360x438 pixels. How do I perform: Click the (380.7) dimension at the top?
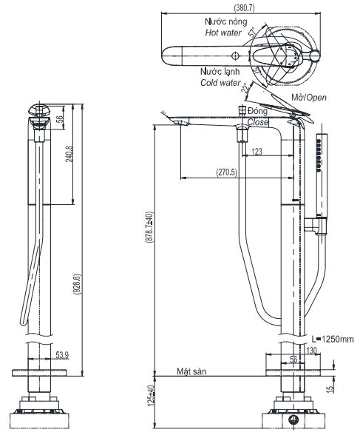[x=245, y=7]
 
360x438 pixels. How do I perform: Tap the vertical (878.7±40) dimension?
[x=149, y=234]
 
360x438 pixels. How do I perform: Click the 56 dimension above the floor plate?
[x=294, y=360]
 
